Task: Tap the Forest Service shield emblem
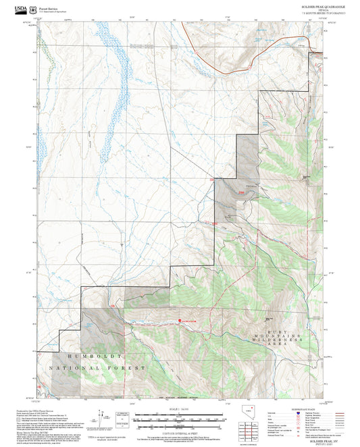click(32, 9)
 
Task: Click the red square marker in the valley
click(180, 320)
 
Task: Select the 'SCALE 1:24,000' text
click(179, 409)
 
